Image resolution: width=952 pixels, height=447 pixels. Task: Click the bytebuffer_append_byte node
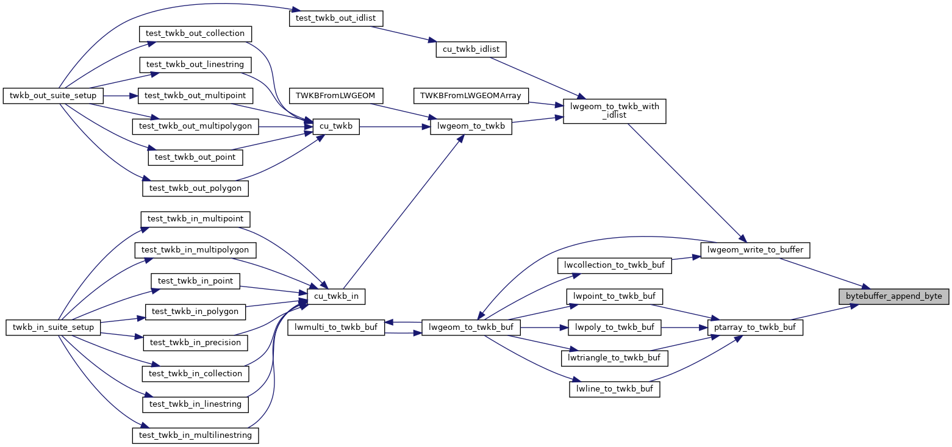(x=893, y=296)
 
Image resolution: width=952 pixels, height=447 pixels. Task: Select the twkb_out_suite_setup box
(x=53, y=96)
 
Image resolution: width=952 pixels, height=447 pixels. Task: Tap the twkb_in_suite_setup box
(x=53, y=327)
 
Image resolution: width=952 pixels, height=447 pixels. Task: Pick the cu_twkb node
(x=335, y=127)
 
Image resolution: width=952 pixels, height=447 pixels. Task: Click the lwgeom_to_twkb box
(x=471, y=127)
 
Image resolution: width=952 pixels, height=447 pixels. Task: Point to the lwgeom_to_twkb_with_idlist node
(x=614, y=110)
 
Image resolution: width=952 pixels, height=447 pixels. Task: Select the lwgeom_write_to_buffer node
(x=756, y=249)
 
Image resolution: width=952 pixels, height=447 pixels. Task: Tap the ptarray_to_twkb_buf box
(x=755, y=327)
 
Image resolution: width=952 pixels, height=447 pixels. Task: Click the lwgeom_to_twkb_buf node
(x=471, y=327)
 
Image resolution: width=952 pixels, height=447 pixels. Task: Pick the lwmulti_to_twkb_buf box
(x=336, y=327)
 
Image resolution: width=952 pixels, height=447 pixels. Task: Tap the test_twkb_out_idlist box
(x=336, y=18)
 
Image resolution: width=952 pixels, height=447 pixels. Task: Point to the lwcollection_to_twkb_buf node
(x=615, y=265)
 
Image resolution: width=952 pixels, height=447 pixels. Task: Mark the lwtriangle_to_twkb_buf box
(x=614, y=358)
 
